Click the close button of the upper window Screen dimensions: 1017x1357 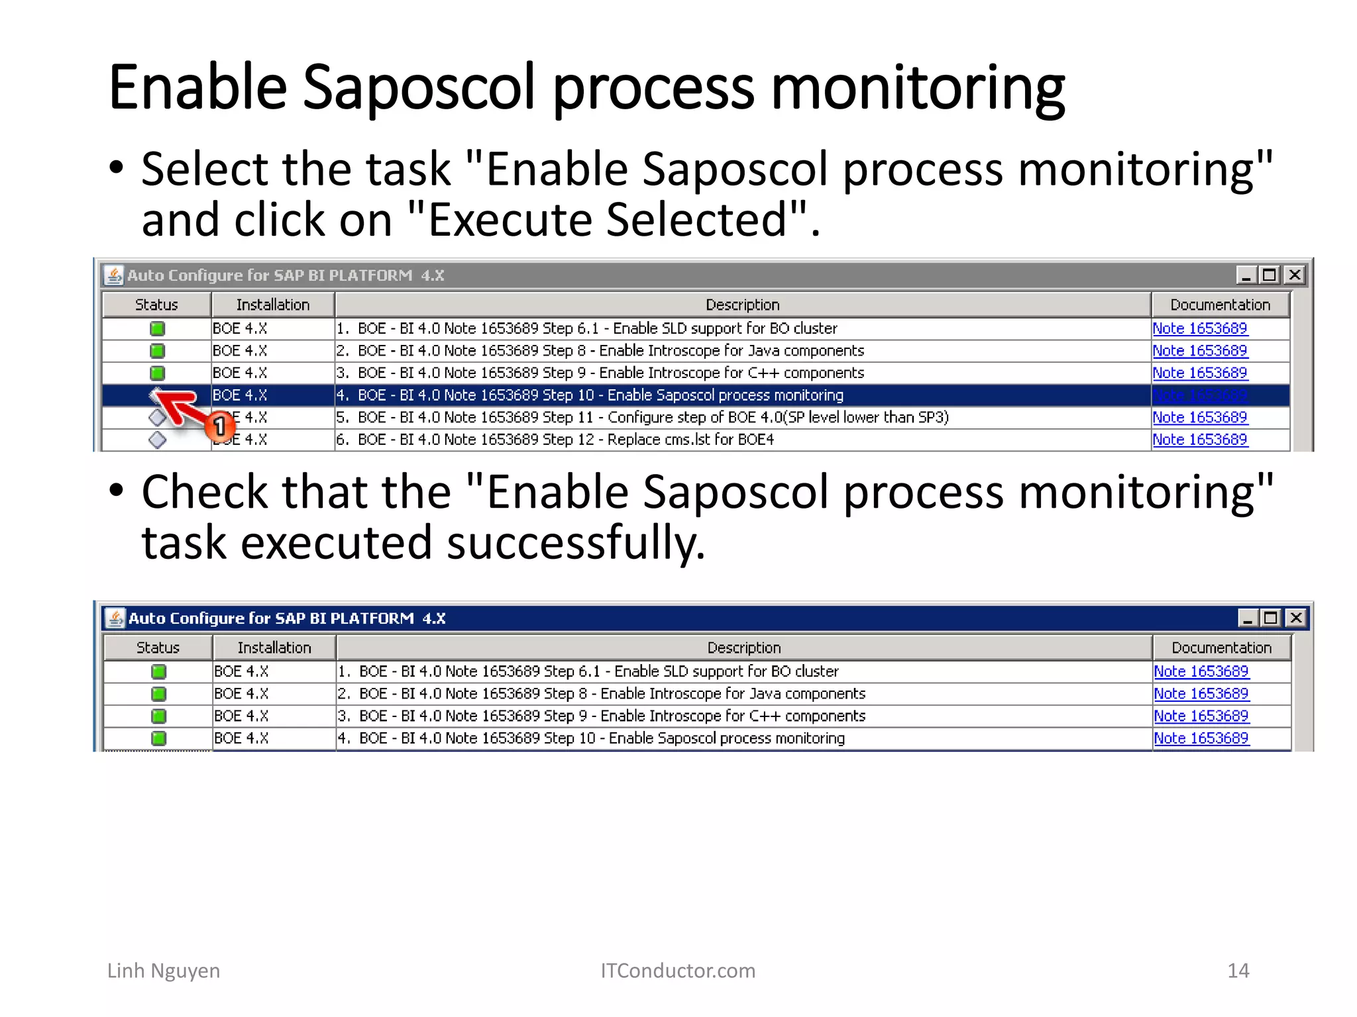coord(1294,275)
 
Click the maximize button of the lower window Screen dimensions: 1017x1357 coord(1270,618)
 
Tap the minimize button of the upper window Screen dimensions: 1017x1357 coord(1245,275)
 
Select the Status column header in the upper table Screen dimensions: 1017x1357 coord(156,305)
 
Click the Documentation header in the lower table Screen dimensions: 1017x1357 coord(1221,648)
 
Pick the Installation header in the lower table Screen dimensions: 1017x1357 coord(274,648)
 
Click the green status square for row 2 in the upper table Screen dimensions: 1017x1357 coord(157,351)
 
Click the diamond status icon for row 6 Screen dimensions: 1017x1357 coord(157,440)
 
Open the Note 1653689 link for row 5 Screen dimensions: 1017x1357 coord(1199,417)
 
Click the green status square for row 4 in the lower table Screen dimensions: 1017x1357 coord(158,738)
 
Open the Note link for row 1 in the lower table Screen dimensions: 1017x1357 coord(1201,671)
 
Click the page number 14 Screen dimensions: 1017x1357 coord(1238,971)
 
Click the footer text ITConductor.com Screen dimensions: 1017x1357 coord(678,971)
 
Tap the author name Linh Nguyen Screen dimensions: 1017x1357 coord(164,971)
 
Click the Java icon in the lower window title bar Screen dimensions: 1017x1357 coord(115,618)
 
